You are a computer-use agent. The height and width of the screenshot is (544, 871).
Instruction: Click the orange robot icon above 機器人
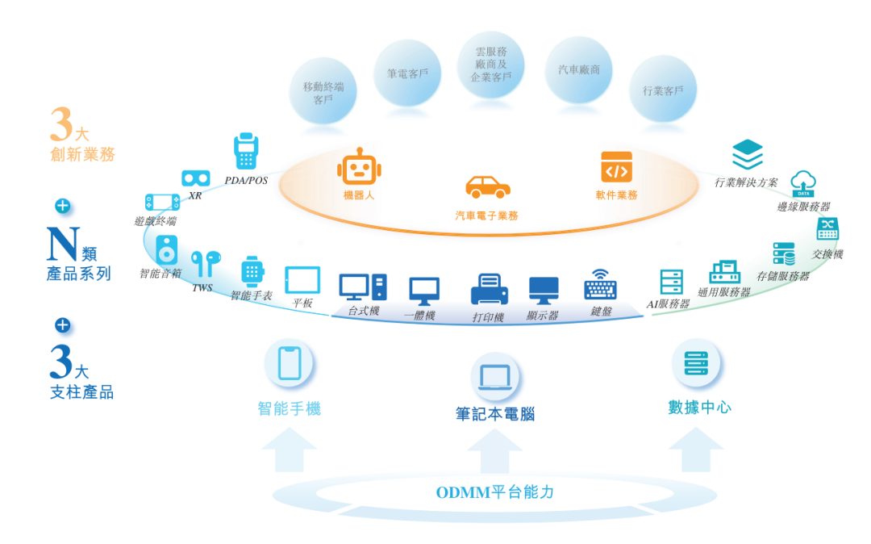click(x=359, y=168)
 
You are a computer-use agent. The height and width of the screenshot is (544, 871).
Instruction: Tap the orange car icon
click(x=488, y=187)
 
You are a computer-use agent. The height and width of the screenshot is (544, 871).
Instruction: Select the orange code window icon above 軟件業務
click(x=616, y=167)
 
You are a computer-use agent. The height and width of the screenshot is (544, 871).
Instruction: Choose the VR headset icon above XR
click(x=195, y=178)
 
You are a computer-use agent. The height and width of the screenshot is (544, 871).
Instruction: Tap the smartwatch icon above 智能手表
click(x=252, y=272)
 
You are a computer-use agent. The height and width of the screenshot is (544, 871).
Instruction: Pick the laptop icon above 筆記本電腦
click(x=494, y=377)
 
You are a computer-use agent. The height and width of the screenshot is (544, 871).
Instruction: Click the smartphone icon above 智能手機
click(x=289, y=363)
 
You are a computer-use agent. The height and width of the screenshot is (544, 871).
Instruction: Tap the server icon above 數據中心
click(x=696, y=364)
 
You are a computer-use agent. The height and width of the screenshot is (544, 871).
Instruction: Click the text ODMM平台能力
click(x=494, y=492)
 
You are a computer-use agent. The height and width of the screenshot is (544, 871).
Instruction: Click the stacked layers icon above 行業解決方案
click(x=747, y=154)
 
